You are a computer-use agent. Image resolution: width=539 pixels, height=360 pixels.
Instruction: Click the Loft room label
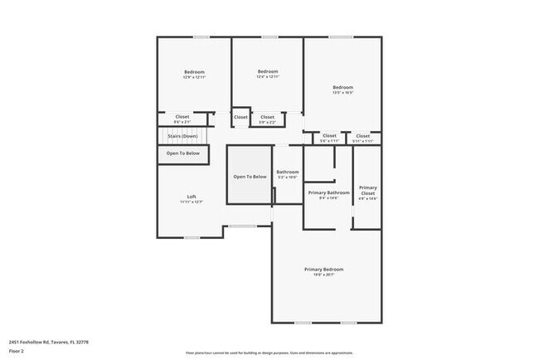[192, 197]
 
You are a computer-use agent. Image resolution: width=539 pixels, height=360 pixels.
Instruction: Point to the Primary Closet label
[367, 190]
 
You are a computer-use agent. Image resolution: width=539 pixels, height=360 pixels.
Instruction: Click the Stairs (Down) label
[182, 135]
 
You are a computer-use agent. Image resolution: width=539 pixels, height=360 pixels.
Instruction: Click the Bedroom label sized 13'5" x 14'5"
[343, 87]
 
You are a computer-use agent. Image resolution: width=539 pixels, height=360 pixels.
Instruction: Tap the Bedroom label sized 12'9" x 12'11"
[194, 72]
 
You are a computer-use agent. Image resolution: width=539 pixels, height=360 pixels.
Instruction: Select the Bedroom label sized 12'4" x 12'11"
[267, 71]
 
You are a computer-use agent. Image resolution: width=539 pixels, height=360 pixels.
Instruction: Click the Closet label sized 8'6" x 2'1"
[182, 117]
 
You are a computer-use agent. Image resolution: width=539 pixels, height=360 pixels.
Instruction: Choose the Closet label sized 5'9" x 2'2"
[267, 117]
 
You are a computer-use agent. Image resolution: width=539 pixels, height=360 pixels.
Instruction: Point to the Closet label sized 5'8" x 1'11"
[329, 135]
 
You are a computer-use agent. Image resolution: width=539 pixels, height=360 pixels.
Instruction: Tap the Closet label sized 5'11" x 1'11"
[363, 135]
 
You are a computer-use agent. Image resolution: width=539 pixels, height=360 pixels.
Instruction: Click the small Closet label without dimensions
[240, 117]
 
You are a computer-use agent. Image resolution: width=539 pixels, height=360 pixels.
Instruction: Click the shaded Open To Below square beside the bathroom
[250, 176]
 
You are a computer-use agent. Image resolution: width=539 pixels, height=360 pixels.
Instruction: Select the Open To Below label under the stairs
[182, 153]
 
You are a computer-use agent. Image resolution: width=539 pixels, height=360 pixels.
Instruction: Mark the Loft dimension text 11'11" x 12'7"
[192, 202]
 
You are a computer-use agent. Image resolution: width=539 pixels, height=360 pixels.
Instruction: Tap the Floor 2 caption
[17, 351]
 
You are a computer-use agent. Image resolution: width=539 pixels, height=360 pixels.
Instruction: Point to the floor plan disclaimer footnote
[269, 353]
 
